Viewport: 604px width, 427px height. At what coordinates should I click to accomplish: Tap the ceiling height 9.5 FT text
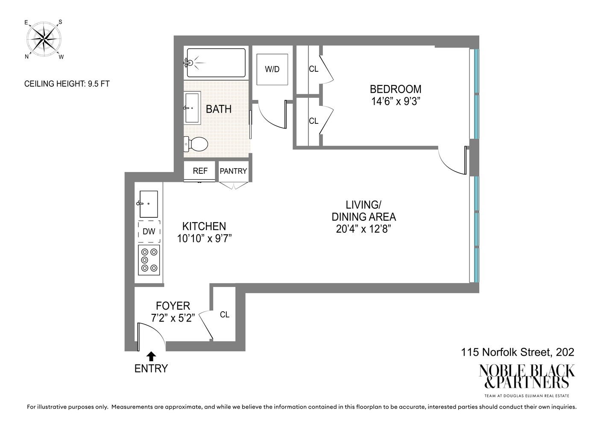click(67, 84)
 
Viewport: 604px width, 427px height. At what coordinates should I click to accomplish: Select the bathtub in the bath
click(216, 63)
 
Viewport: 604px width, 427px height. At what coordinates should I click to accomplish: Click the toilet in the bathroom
click(196, 144)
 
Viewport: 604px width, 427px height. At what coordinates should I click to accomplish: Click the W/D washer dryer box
click(272, 69)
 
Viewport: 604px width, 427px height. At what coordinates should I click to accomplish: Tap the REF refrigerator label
click(200, 171)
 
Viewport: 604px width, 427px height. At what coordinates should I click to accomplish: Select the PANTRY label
click(233, 171)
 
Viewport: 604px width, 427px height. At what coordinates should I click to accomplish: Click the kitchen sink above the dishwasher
click(148, 204)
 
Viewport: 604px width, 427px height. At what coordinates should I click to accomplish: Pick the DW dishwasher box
click(149, 231)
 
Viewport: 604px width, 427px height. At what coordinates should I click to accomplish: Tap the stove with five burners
click(149, 260)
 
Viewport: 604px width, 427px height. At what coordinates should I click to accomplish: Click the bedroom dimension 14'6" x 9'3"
click(396, 102)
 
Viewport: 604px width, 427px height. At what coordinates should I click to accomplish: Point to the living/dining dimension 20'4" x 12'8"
click(364, 229)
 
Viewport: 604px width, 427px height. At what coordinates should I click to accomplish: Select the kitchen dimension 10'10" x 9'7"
click(204, 238)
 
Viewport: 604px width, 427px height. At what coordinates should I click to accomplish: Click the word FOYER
click(173, 306)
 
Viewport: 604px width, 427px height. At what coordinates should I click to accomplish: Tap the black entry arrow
click(151, 356)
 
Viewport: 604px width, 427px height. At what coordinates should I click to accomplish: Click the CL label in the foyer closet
click(225, 315)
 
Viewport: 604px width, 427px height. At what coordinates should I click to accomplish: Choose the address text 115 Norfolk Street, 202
click(517, 352)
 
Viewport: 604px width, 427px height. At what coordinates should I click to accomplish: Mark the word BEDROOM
click(396, 89)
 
